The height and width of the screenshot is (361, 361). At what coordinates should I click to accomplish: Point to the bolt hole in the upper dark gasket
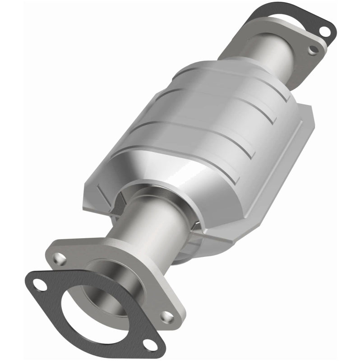(x=324, y=30)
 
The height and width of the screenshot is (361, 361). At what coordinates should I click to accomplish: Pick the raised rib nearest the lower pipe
(x=190, y=153)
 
